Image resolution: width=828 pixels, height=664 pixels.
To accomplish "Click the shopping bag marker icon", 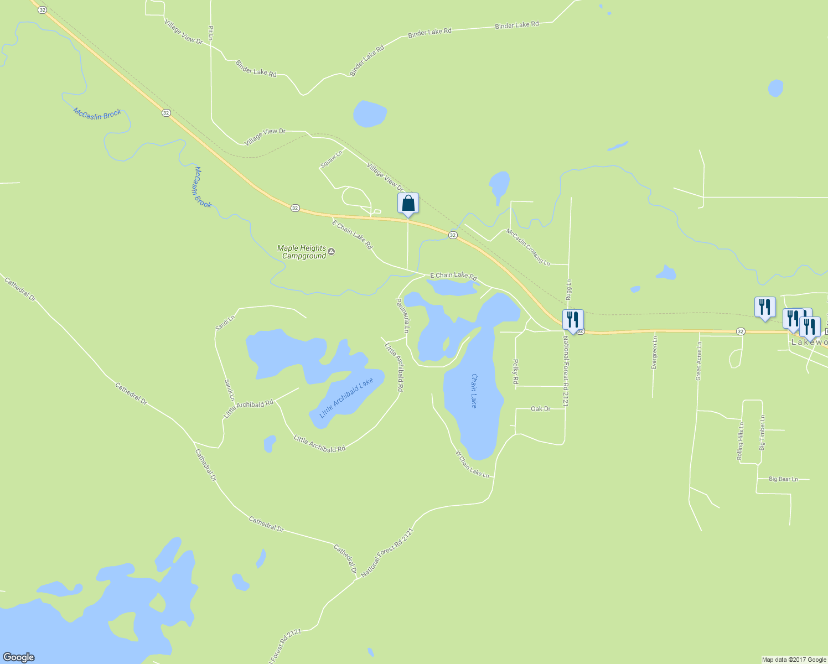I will click(408, 203).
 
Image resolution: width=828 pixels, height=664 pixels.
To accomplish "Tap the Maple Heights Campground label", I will click(302, 252).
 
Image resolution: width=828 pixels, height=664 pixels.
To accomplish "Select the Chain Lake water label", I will click(474, 391).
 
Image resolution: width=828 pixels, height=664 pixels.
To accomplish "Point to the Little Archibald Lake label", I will click(346, 398).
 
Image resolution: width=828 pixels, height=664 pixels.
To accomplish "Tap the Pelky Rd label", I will click(515, 372).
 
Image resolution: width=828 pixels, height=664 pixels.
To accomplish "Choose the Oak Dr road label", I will click(540, 409).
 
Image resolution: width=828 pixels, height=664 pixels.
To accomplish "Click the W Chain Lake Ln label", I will click(472, 464).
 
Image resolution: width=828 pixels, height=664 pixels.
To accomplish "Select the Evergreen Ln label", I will click(654, 352).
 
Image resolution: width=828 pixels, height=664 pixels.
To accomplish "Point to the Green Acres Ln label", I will click(698, 361).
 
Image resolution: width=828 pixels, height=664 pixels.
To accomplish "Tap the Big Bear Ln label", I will click(783, 479).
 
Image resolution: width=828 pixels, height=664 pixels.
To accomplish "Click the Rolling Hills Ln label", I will click(740, 442).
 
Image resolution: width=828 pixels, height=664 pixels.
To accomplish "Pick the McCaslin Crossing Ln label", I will click(528, 247).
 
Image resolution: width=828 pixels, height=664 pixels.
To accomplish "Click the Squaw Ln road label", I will click(332, 159).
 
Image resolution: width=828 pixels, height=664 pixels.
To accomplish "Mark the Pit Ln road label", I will click(211, 33).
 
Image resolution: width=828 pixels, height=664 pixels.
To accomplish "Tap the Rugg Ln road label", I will click(568, 290).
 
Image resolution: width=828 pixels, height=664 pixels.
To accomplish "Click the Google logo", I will click(19, 657).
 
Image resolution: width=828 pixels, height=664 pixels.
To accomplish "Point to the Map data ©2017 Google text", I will click(794, 660).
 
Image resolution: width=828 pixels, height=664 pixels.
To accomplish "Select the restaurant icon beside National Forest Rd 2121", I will click(572, 320).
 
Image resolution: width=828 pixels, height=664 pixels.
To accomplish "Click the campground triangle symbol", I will click(331, 252).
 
